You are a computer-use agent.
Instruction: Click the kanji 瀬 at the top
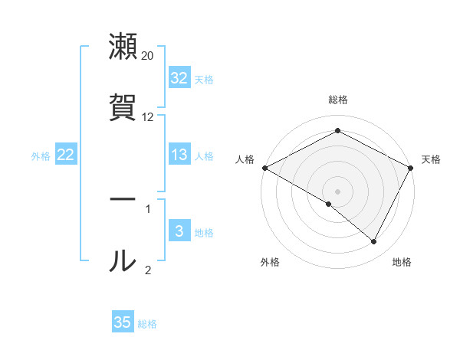(x=123, y=47)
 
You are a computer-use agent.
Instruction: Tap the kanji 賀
(x=123, y=106)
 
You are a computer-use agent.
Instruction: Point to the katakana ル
(x=123, y=260)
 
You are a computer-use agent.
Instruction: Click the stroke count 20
(x=147, y=56)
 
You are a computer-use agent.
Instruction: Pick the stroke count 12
(x=147, y=117)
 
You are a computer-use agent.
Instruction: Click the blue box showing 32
(x=179, y=78)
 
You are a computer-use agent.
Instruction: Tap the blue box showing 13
(x=179, y=155)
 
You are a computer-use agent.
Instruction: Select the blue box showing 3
(x=179, y=231)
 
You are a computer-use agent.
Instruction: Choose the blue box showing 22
(x=65, y=155)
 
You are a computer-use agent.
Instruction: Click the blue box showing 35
(x=123, y=322)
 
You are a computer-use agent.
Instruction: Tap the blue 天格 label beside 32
(x=204, y=79)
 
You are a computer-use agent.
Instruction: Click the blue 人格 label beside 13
(x=204, y=155)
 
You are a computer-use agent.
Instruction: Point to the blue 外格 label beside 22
(x=41, y=155)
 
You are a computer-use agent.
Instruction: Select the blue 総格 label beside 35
(x=147, y=323)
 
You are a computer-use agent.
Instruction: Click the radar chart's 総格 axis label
(x=337, y=100)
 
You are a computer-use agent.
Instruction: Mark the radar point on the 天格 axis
(x=412, y=168)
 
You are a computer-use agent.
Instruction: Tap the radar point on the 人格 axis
(x=264, y=168)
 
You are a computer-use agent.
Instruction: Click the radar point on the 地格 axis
(x=374, y=242)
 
